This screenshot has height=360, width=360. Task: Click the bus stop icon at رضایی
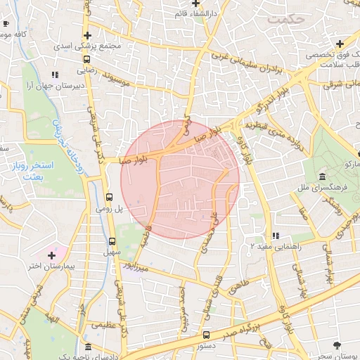coord(86,60)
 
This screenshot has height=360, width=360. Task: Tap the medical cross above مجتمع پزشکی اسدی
coord(87,35)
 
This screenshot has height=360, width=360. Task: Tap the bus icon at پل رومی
coord(109,198)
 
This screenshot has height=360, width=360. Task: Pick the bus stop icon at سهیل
coord(112,242)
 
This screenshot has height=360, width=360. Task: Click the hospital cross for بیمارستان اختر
coord(51,254)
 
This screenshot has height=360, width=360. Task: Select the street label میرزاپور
coord(133,266)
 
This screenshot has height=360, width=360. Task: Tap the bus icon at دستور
coord(206,335)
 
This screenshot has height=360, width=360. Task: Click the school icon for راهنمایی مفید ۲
coord(275,236)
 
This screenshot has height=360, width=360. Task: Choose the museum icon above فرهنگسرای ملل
coord(322,176)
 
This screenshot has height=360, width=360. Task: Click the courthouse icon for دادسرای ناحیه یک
coord(87,347)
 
